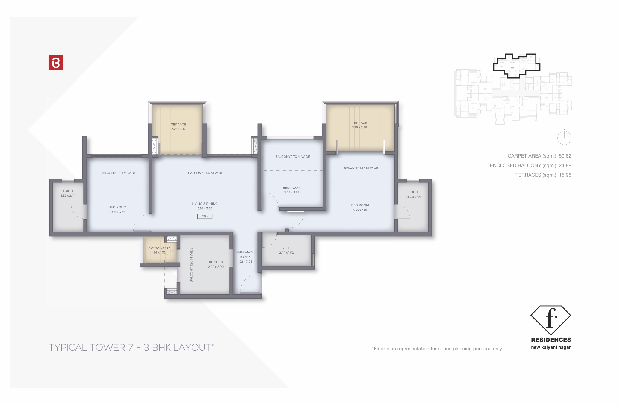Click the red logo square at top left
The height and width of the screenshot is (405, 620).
[56, 63]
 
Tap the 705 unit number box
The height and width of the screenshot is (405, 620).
[205, 216]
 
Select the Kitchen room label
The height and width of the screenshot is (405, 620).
[216, 262]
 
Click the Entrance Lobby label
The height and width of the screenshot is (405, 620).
[245, 254]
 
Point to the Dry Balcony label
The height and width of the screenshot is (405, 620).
[158, 248]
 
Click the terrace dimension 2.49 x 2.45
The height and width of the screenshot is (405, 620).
[179, 129]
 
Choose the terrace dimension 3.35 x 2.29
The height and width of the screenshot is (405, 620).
[359, 127]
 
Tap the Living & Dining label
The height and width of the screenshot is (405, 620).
[205, 204]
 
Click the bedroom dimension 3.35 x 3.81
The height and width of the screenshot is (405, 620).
[360, 210]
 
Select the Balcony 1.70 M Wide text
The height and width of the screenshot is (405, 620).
[292, 157]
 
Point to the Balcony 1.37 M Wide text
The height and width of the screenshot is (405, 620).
[361, 168]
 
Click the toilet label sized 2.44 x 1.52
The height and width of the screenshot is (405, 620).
[286, 250]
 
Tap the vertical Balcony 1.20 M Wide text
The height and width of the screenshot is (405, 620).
[191, 265]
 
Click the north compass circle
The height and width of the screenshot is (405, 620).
[564, 138]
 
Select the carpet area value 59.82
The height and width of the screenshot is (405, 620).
[565, 156]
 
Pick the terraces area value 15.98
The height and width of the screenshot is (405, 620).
[565, 175]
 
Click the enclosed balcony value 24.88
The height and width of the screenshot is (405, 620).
[565, 165]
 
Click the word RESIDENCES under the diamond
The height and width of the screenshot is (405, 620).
[551, 340]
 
